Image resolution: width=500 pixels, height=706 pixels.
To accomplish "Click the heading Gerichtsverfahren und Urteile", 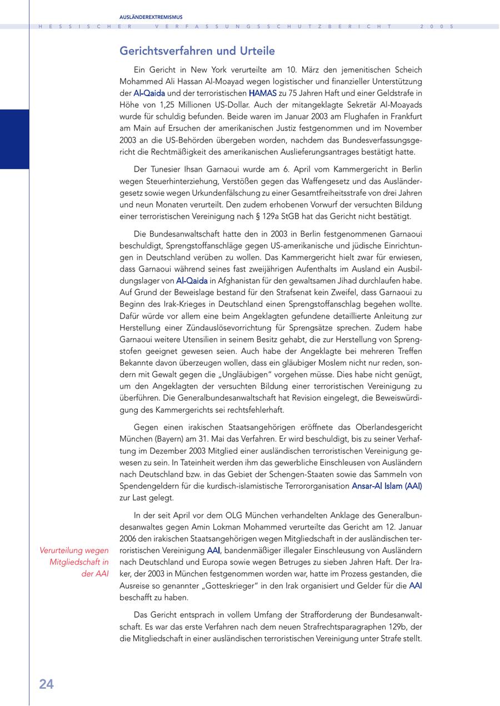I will [x=197, y=51].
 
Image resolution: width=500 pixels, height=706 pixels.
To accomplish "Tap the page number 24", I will [x=46, y=684].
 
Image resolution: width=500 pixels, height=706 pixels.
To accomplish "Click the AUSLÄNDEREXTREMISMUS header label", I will [x=151, y=17].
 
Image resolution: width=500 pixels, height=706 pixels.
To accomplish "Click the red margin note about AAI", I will [x=74, y=562].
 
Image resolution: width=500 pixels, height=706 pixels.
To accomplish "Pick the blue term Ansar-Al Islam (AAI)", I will [x=387, y=486].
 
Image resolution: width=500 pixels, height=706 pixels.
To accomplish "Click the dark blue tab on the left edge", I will [x=14, y=139].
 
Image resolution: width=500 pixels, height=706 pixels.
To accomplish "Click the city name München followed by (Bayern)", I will [x=135, y=438].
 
